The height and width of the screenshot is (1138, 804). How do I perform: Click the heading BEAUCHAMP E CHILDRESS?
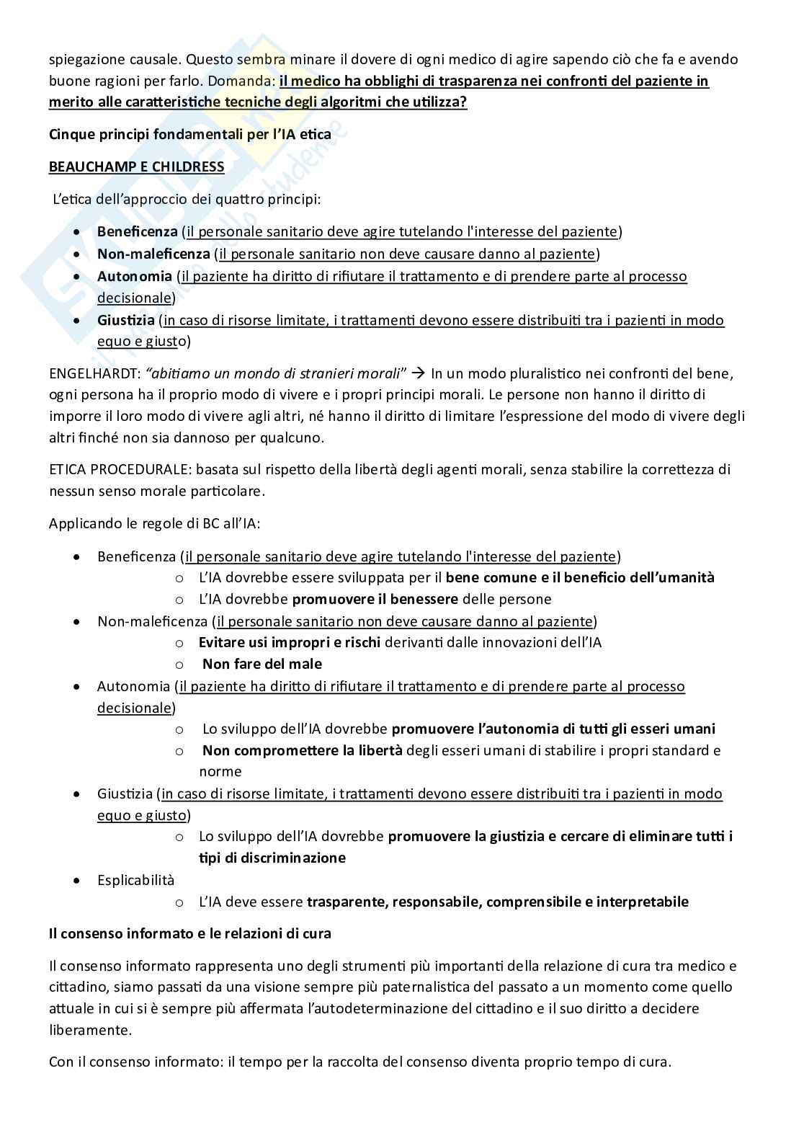click(x=136, y=167)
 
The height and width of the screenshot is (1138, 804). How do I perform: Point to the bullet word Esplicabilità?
click(x=135, y=880)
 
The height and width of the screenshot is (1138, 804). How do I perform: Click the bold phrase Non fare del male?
click(x=262, y=664)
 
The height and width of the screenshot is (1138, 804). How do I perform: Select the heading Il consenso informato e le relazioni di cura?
click(x=190, y=933)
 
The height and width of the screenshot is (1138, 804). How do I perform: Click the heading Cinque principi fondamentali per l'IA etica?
click(x=190, y=134)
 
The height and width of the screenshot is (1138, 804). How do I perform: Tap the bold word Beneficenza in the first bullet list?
click(x=137, y=232)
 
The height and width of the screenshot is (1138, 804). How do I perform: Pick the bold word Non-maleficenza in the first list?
click(x=153, y=254)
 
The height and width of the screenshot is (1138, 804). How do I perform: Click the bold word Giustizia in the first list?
click(x=125, y=320)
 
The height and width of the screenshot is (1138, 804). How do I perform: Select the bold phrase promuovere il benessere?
click(x=375, y=599)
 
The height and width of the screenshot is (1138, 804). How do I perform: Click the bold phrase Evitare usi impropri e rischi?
click(x=289, y=642)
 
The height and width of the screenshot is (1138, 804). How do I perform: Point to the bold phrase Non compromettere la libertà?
click(x=302, y=750)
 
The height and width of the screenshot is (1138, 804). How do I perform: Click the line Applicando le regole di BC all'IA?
click(x=154, y=523)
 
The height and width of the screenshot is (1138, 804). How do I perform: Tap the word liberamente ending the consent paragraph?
click(x=90, y=1030)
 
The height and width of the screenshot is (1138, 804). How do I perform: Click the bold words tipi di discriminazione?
click(x=272, y=858)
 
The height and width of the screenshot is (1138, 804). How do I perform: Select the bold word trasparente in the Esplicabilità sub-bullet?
click(x=347, y=902)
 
